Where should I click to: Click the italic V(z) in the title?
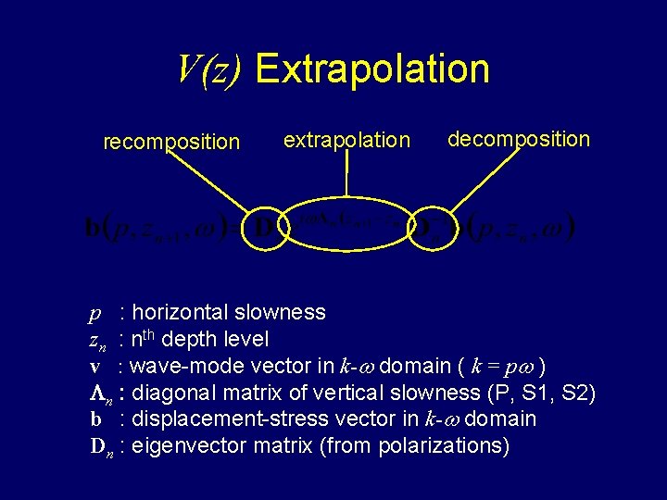[210, 69]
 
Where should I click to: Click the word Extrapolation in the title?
[371, 69]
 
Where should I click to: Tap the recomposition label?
[171, 142]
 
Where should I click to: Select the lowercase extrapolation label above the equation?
[346, 140]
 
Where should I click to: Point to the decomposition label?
[518, 139]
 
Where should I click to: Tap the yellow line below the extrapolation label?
[346, 176]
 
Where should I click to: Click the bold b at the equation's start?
[93, 228]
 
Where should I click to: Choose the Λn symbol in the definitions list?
[100, 394]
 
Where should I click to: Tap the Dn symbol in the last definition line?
[102, 446]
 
